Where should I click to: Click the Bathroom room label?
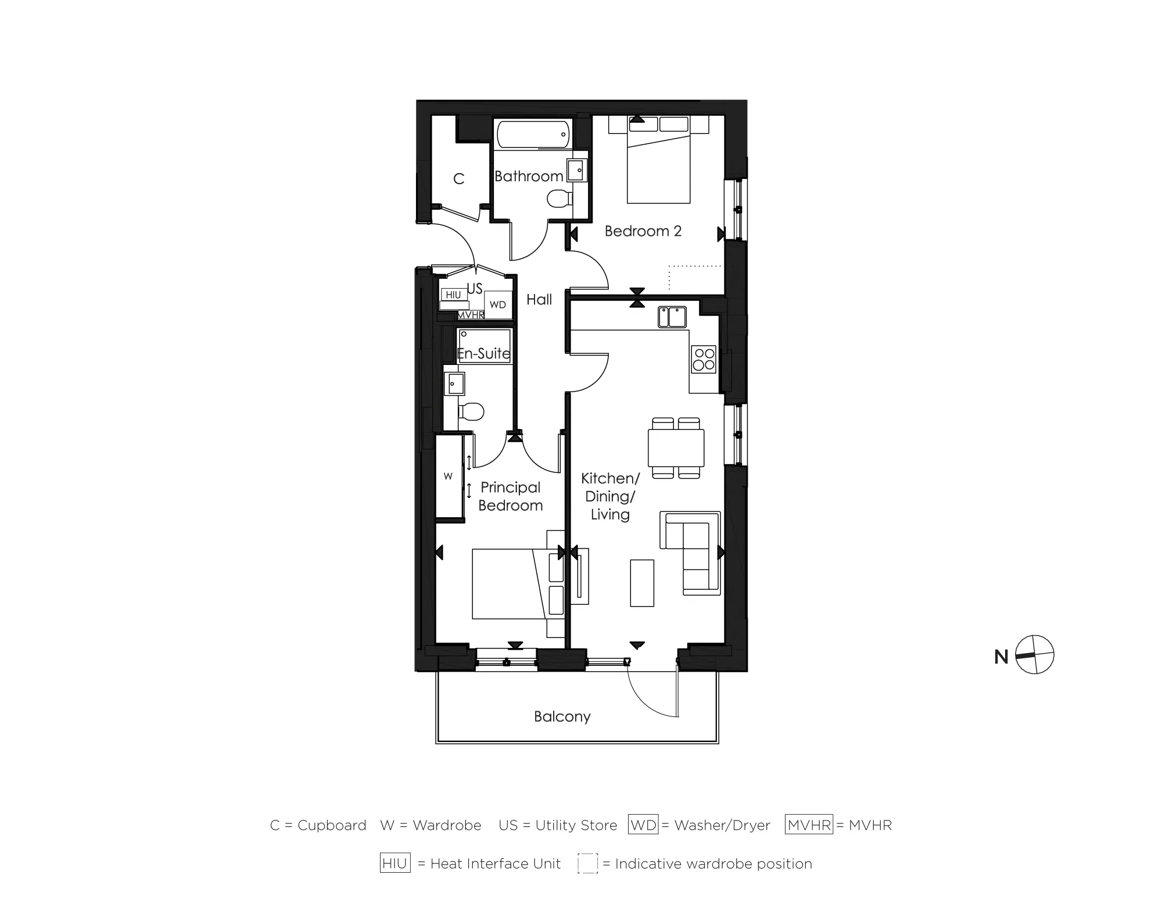click(529, 176)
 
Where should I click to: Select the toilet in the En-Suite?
click(472, 412)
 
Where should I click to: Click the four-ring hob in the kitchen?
click(704, 359)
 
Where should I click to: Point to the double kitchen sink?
click(672, 317)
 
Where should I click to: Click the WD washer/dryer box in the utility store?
click(498, 304)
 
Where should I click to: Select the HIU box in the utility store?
click(453, 295)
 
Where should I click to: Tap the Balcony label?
click(562, 716)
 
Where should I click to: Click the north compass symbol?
click(1035, 655)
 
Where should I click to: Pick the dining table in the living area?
click(676, 447)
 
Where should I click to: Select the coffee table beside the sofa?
click(642, 583)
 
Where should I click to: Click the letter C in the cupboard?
click(459, 179)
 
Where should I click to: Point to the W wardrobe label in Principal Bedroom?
click(448, 476)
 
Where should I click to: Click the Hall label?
click(539, 300)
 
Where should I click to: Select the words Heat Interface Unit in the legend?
click(496, 864)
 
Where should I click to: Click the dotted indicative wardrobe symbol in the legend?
click(587, 863)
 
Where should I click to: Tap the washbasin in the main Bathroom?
click(576, 170)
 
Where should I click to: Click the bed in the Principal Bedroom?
click(508, 584)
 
